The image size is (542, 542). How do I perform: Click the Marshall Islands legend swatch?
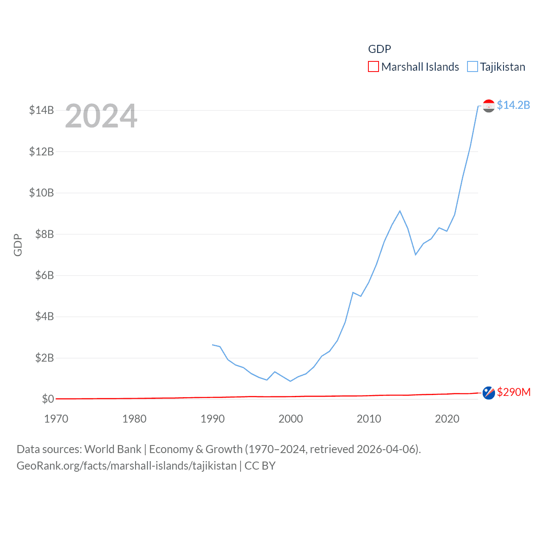coord(373,67)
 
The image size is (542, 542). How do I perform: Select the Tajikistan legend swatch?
coord(472,67)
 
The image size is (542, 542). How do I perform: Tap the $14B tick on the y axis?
coord(41,111)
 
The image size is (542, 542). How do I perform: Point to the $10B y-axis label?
coord(41,193)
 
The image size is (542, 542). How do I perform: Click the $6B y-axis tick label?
coord(44,276)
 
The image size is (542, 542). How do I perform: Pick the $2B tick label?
coord(44,358)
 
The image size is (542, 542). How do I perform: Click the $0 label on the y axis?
coord(48,399)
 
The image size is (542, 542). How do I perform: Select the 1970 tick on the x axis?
coord(56,419)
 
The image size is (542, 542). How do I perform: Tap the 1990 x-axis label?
coord(213,419)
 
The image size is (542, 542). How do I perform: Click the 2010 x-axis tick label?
coord(369,419)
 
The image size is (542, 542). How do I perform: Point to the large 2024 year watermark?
coord(101,116)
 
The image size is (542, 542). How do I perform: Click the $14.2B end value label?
coord(513,105)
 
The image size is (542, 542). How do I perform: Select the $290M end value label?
coord(514,392)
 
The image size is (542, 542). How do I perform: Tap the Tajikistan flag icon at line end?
coord(489,106)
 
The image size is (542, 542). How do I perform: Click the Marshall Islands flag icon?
coord(489,393)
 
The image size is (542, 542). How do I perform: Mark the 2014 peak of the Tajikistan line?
coord(400,211)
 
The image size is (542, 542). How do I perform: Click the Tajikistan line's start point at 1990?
coord(213,345)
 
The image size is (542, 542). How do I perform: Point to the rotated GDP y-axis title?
coord(18,245)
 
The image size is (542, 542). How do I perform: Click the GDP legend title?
coord(379,49)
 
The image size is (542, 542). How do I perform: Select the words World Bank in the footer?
coord(113,449)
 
